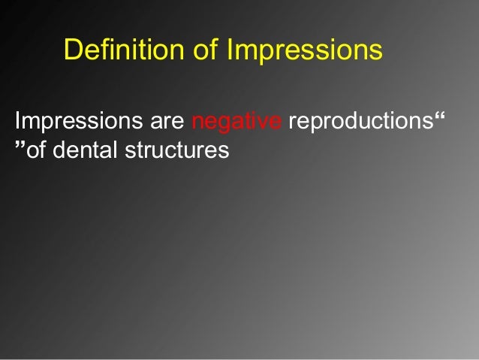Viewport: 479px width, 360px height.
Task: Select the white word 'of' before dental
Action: point(37,150)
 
